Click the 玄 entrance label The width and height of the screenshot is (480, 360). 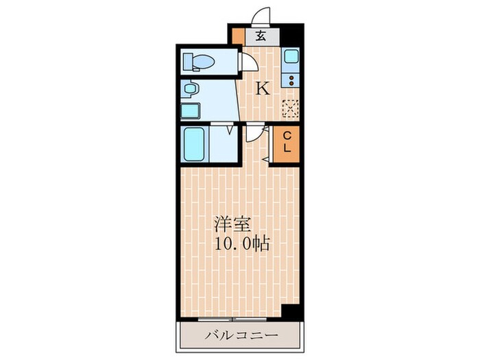(261, 36)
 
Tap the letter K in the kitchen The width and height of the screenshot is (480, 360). (262, 88)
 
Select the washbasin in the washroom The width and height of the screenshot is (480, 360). (191, 90)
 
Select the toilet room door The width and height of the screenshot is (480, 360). (247, 62)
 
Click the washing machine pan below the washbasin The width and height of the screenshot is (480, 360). (190, 111)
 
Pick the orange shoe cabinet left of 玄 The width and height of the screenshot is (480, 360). (237, 36)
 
